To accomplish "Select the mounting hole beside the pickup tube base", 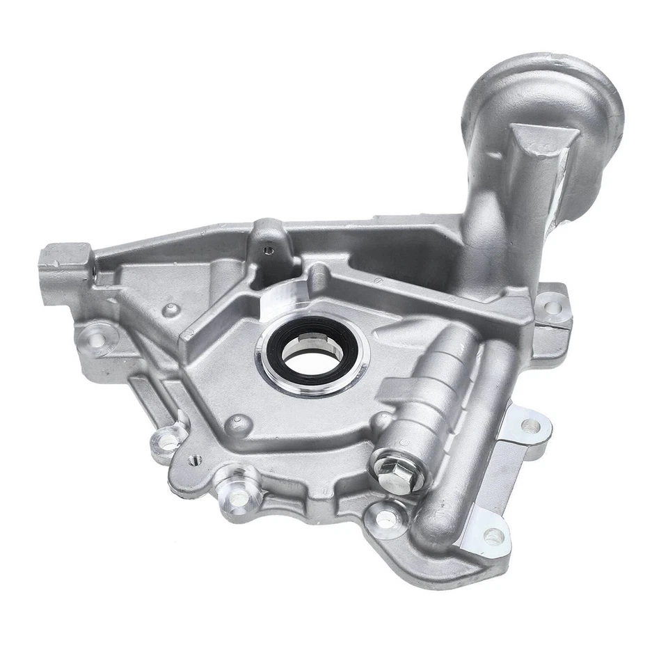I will [550, 306].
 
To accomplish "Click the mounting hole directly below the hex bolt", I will [385, 518].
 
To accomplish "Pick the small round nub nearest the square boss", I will [170, 310].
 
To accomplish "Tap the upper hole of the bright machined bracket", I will [530, 427].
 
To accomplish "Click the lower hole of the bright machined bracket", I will [493, 536].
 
